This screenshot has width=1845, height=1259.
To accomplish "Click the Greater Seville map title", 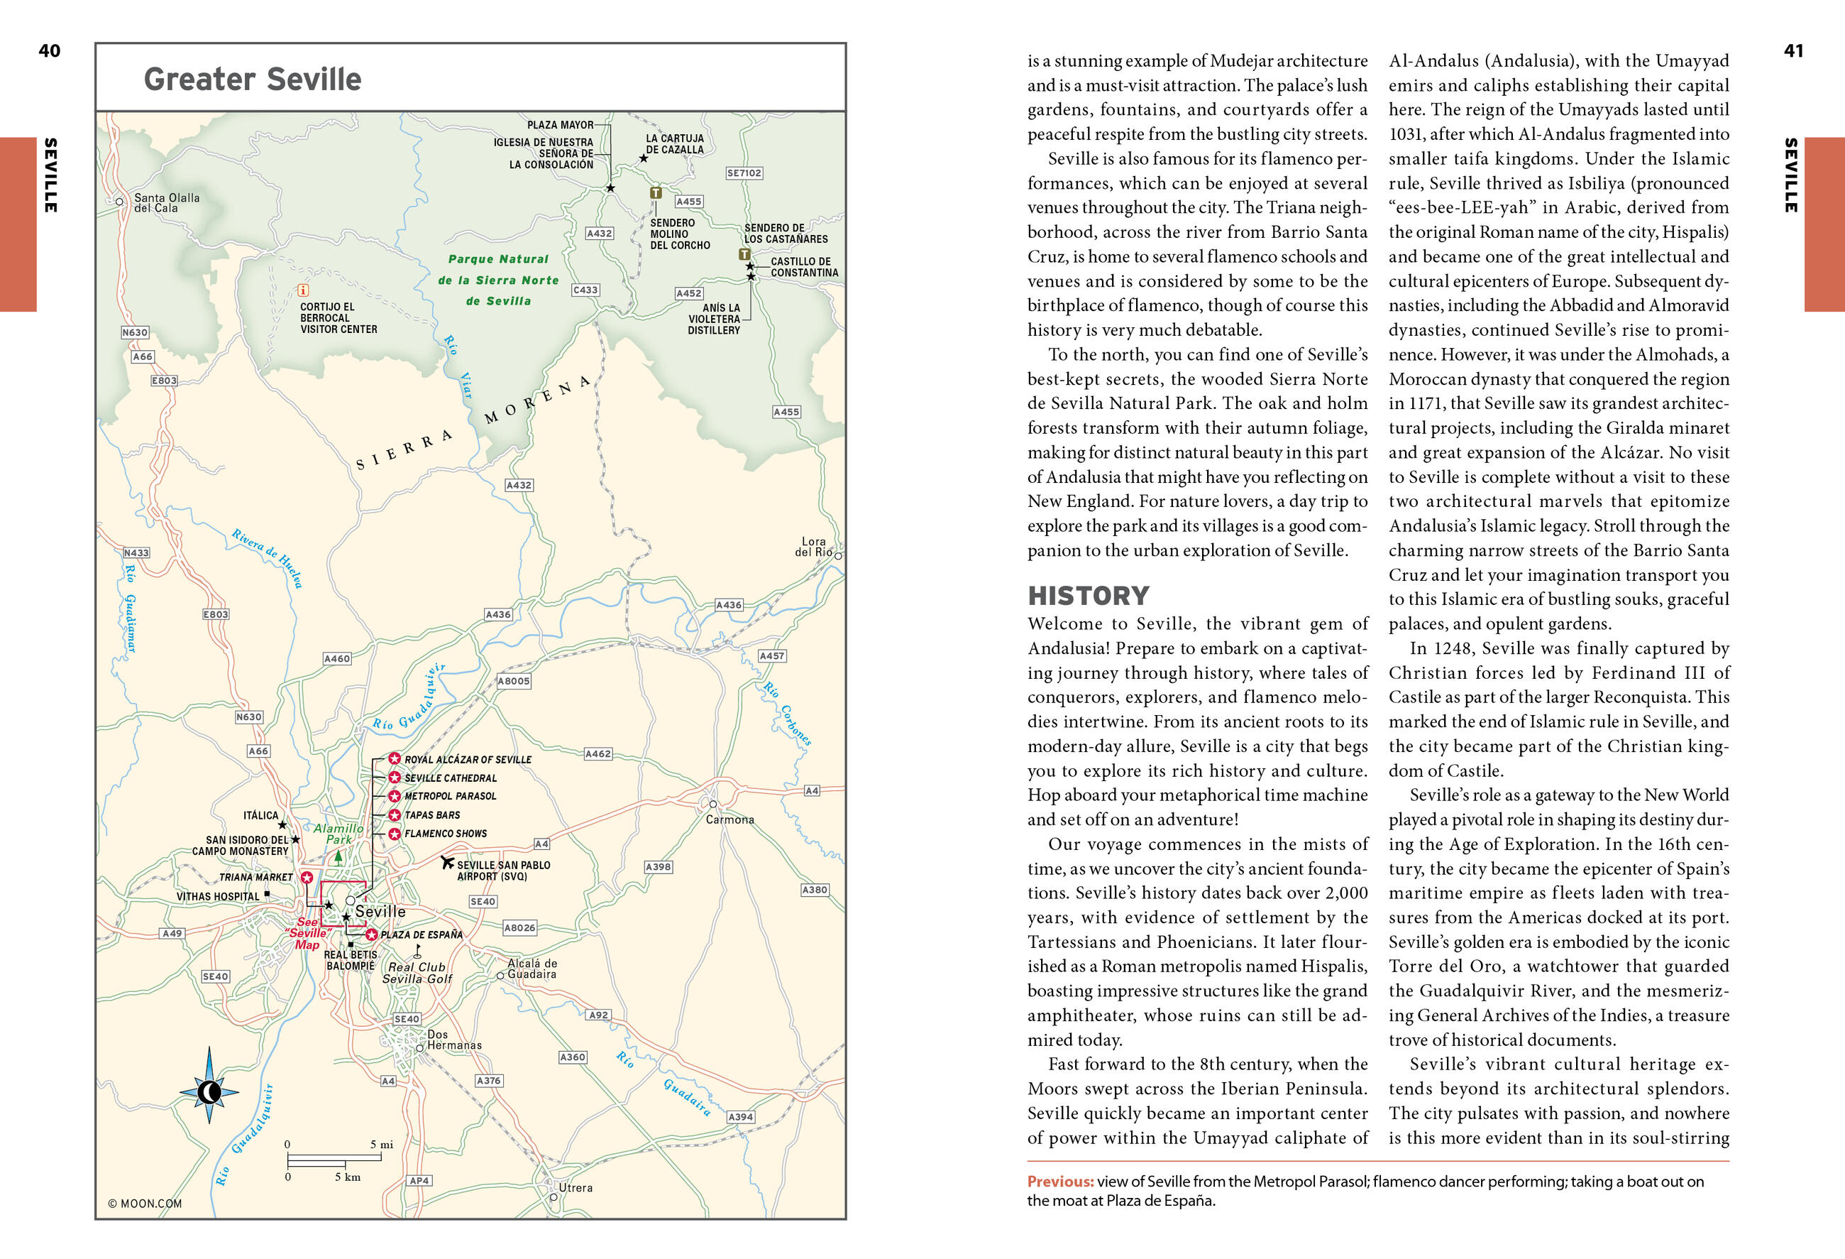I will tap(253, 80).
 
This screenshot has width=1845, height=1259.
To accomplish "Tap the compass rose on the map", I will tap(209, 1092).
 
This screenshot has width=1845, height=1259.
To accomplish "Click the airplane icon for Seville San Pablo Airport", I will tap(447, 862).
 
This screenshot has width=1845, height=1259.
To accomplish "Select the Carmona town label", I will tap(729, 819).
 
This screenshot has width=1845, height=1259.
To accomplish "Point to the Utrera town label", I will tap(575, 1187).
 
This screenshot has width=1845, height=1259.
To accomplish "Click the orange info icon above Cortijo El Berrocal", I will tap(302, 290).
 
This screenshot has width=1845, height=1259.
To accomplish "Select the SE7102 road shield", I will tap(744, 173).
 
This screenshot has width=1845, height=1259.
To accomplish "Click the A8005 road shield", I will tap(513, 681).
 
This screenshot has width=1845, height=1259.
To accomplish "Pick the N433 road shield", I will tap(136, 553).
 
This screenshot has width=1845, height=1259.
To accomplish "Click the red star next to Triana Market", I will tap(307, 877).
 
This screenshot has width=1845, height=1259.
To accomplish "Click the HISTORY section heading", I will tap(1088, 596).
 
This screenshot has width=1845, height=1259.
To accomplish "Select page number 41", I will tap(1793, 51).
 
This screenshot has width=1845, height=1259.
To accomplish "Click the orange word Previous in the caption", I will tap(1060, 1181).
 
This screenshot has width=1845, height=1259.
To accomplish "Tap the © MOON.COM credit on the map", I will tap(145, 1204).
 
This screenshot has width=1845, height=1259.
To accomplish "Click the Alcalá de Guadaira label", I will tap(532, 969).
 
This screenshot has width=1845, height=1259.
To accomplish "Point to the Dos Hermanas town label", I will tap(454, 1040).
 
